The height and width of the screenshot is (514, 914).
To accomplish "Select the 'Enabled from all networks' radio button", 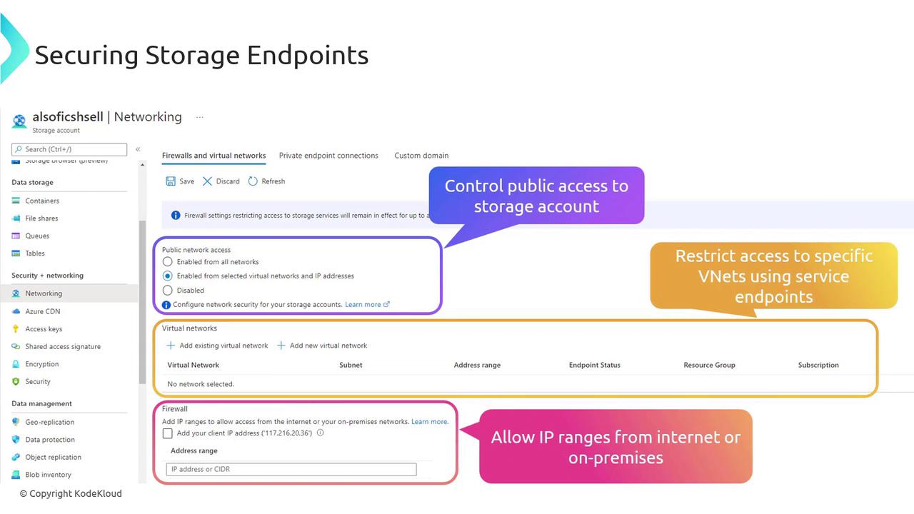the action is click(167, 261).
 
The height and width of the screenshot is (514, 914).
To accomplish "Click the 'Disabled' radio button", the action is click(167, 290).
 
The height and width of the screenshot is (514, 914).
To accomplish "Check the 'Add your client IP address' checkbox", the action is click(167, 433).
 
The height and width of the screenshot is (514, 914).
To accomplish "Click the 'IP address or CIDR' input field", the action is click(291, 469).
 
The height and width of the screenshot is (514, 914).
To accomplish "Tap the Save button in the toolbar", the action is click(180, 181).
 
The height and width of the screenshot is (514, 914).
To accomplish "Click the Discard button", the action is click(221, 181).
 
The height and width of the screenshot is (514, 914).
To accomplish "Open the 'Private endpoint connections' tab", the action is click(328, 156).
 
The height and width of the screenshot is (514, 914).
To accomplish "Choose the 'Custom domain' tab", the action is click(421, 156).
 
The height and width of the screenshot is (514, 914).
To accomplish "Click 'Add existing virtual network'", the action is click(217, 346).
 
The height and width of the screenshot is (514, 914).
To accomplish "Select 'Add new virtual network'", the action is click(322, 346).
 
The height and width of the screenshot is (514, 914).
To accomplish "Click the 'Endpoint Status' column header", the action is click(595, 365).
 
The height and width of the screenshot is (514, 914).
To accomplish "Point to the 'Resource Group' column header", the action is click(709, 365).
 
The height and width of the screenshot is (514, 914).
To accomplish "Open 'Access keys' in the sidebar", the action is click(44, 329).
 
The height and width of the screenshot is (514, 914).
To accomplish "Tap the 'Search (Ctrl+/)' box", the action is click(69, 149).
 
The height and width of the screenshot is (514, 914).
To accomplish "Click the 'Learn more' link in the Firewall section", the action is click(430, 421).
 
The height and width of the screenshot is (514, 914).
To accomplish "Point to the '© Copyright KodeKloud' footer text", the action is click(71, 493).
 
